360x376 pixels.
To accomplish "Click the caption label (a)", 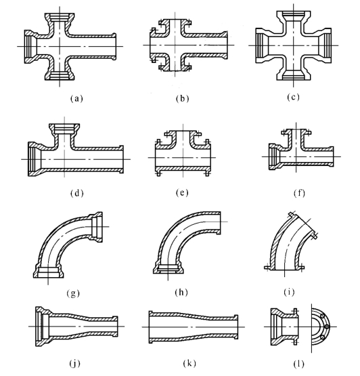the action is point(76,98).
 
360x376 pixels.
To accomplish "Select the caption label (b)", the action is point(182,98).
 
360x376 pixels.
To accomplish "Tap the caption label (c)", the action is point(293,97).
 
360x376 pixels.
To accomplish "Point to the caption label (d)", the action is point(77,193).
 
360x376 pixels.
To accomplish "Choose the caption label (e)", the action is point(182,192).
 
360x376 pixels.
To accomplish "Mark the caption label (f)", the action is point(299,193).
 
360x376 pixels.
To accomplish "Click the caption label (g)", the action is point(73,293).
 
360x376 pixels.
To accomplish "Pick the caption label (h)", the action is point(181,292).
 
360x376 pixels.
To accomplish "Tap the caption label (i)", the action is point(289,292).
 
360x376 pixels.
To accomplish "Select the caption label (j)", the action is point(74,364).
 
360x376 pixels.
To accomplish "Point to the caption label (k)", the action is point(189,364).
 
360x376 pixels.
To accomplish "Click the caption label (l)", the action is point(299,364).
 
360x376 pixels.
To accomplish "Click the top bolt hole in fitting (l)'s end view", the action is point(322,316).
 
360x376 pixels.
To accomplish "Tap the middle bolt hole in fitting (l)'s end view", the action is point(327,327).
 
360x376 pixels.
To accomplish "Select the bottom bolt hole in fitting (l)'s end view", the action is point(322,337).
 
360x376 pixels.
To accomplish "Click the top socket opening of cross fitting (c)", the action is point(294,17).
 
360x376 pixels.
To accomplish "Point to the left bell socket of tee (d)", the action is point(35,159).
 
